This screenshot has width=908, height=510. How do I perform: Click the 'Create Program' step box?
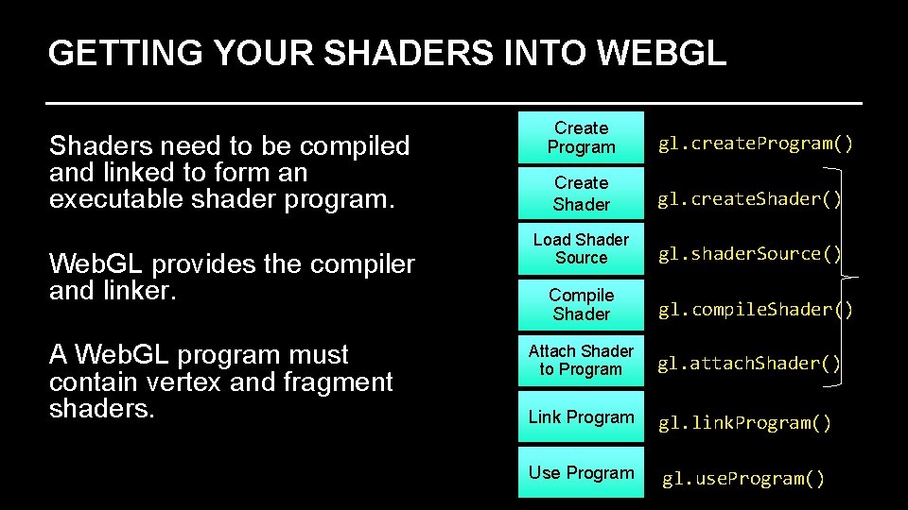click(581, 138)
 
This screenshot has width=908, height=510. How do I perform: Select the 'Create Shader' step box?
click(581, 194)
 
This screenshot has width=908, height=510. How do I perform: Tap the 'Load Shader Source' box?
click(581, 248)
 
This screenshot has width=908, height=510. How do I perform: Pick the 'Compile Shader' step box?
click(581, 304)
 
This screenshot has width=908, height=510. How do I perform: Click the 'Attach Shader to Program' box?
click(581, 360)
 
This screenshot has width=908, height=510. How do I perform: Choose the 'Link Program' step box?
click(581, 417)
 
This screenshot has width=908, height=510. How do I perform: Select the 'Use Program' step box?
click(581, 472)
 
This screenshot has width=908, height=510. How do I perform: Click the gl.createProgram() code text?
click(756, 144)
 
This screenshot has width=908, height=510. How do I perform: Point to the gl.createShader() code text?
click(749, 199)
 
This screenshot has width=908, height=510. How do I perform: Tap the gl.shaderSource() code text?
click(749, 254)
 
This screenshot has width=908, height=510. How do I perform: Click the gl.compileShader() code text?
click(756, 310)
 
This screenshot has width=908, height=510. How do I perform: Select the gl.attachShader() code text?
click(749, 364)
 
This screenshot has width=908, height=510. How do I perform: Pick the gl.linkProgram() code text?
click(745, 423)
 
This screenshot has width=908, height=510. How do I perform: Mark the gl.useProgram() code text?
click(743, 479)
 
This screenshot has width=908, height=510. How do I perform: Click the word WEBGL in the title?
click(661, 53)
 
